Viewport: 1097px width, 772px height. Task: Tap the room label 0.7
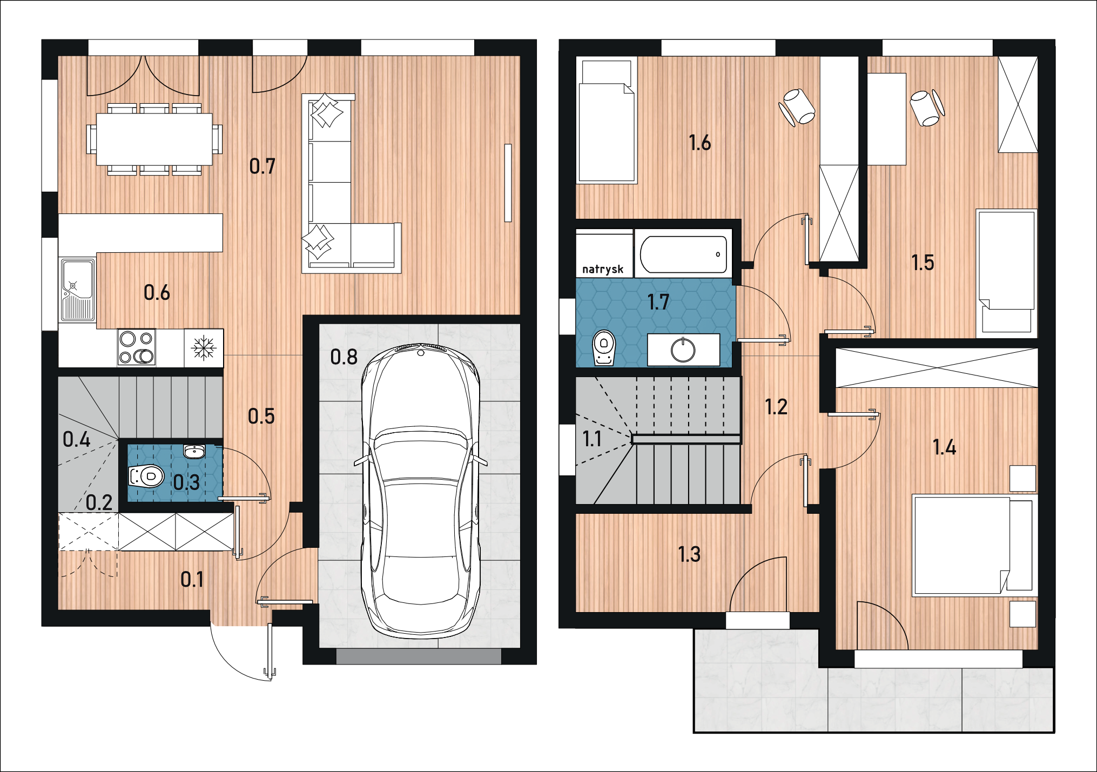pos(263,166)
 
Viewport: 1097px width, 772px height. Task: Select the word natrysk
pos(603,269)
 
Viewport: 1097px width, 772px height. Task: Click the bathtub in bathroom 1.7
pos(683,254)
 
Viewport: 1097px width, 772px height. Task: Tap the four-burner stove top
pos(137,347)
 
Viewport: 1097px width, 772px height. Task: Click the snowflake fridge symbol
pos(204,347)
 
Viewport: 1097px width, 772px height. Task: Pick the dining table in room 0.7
pos(154,139)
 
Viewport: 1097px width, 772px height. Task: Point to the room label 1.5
pos(923,263)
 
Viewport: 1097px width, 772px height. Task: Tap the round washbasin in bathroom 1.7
pos(683,350)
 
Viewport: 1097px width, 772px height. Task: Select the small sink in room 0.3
pos(194,451)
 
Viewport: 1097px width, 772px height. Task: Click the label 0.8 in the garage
pos(344,357)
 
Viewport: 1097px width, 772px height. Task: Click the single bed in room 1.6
pos(607,121)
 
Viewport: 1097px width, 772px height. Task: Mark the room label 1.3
pos(689,554)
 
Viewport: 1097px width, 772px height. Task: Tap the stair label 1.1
pos(592,439)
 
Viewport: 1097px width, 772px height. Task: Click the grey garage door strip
pos(419,656)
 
